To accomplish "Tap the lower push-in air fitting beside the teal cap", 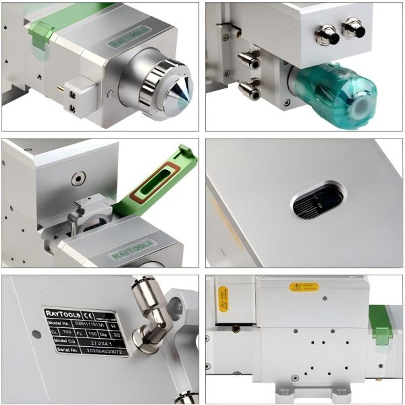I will coord(250,88).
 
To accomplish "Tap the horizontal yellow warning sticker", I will coord(304,287).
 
